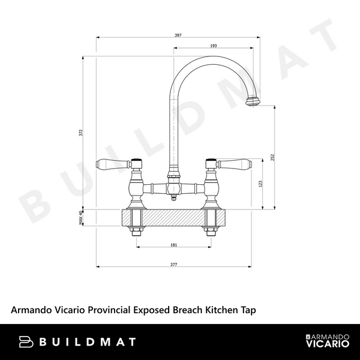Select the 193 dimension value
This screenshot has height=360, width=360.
[213, 46]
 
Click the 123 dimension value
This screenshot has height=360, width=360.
[260, 185]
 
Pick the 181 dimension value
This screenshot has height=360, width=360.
[173, 244]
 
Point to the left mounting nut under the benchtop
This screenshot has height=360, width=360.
[137, 232]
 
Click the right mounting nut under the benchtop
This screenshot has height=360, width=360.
[211, 232]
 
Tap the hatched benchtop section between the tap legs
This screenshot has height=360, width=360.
[173, 217]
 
